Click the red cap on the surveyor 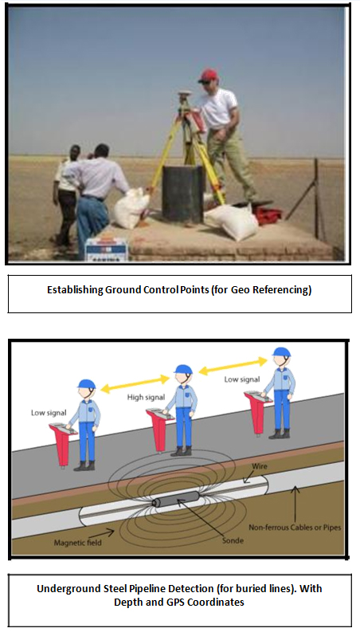(x=209, y=75)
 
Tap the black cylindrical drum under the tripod (x=183, y=194)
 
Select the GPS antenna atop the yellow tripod (x=185, y=95)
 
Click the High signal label (x=146, y=398)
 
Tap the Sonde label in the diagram (x=233, y=540)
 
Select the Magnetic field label (x=77, y=542)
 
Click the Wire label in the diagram (x=260, y=466)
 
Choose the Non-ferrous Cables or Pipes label (x=295, y=528)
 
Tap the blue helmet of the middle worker (x=183, y=369)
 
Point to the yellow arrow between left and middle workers (x=135, y=384)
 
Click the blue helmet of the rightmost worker (x=281, y=351)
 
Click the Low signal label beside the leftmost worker (x=49, y=413)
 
